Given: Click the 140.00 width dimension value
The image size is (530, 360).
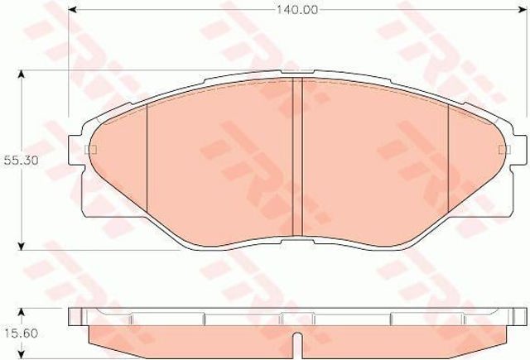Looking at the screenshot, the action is click(x=297, y=10).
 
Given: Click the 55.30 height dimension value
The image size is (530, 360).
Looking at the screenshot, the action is click(x=22, y=160).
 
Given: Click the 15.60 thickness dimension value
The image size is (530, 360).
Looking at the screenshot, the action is click(x=22, y=334).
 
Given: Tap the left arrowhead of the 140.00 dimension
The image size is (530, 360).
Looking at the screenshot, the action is click(x=73, y=10).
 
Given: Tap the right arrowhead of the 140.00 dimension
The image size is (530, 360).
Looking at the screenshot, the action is click(x=523, y=10).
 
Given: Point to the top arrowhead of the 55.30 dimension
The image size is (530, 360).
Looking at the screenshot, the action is click(x=22, y=74).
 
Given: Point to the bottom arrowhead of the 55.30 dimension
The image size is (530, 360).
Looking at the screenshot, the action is click(x=22, y=246).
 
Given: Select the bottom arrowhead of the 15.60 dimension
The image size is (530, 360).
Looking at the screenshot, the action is click(x=22, y=354).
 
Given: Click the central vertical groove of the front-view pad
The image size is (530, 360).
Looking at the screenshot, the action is click(x=297, y=156).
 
